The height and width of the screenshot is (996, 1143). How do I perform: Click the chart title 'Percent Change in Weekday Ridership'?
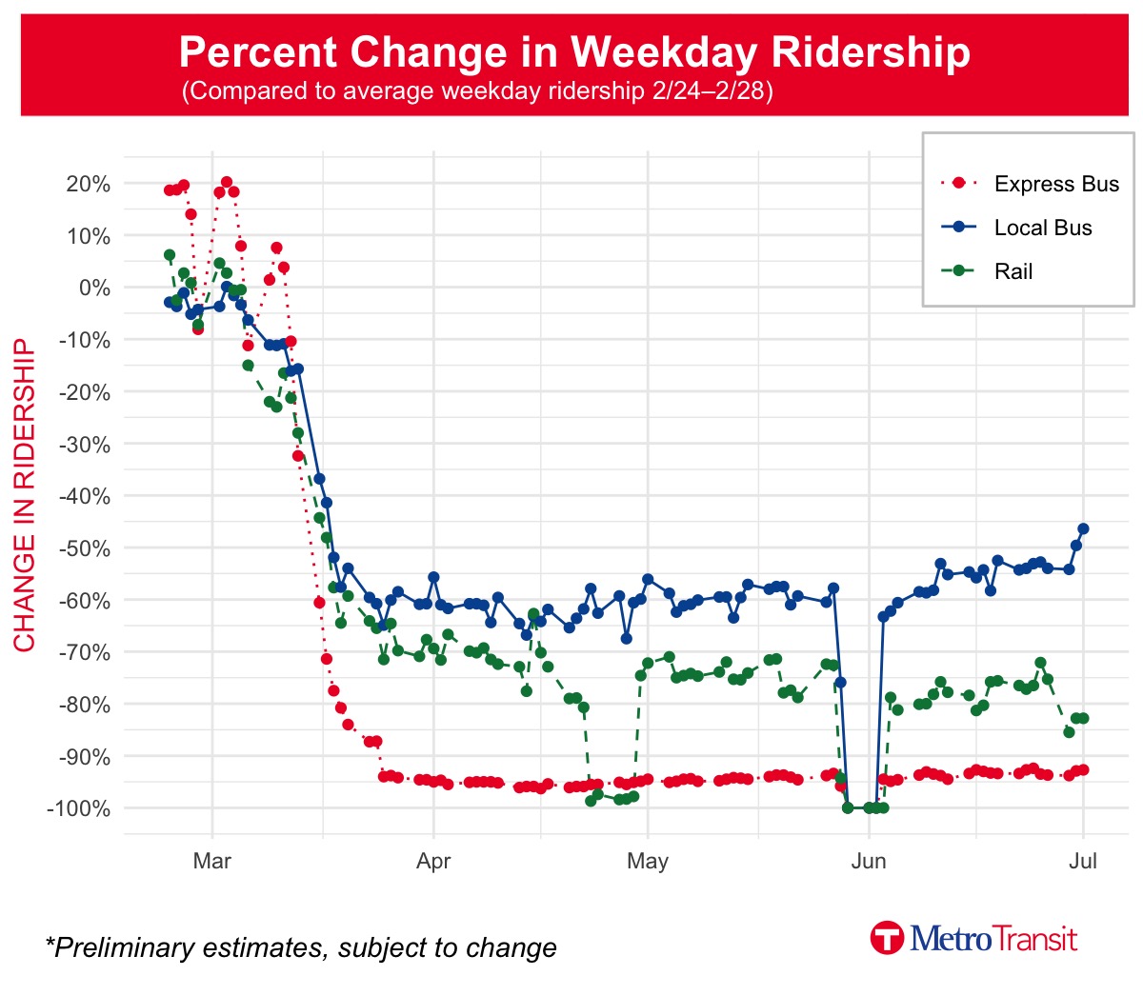click(574, 51)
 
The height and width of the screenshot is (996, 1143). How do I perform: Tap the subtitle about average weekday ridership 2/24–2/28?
click(476, 91)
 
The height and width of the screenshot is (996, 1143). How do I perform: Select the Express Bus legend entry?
click(1055, 184)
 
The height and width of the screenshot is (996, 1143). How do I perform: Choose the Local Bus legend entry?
click(1042, 228)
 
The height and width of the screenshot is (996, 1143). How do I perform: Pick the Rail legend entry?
click(1013, 271)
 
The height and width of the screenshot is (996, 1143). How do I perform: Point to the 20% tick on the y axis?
click(88, 184)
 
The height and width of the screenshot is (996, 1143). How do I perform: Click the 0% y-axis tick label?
click(92, 288)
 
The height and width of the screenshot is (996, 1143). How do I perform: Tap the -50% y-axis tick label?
click(85, 548)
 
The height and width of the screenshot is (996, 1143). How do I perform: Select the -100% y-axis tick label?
click(81, 808)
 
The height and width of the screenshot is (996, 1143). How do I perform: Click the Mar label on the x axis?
click(211, 862)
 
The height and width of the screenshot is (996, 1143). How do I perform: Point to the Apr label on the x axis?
click(433, 862)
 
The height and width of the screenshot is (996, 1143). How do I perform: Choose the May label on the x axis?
click(647, 862)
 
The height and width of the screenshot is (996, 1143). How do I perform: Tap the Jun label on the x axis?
click(868, 862)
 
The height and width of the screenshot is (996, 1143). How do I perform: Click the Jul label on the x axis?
click(1083, 862)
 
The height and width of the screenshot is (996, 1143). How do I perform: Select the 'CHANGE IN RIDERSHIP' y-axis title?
click(24, 495)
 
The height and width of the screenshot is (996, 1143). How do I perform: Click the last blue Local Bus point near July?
click(1083, 529)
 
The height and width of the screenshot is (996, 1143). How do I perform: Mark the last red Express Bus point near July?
click(1083, 770)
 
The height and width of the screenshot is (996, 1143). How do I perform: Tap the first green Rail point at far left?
click(170, 255)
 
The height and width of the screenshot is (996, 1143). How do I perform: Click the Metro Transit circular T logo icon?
click(887, 938)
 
